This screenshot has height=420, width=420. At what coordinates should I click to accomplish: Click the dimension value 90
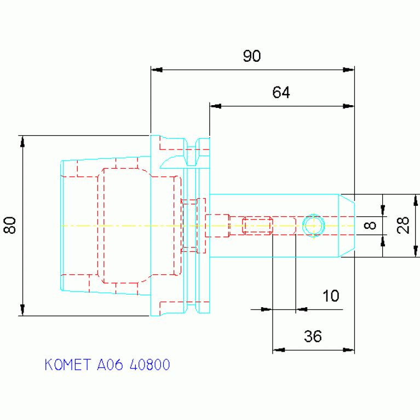coord(252,56)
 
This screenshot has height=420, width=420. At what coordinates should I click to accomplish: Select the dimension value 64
coord(281,93)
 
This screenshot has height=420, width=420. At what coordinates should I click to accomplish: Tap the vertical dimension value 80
coord(10,225)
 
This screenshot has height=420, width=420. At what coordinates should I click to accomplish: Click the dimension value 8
coord(370,225)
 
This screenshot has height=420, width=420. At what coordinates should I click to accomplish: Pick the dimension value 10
coord(331,296)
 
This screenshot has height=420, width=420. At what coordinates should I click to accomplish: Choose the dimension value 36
coord(313,336)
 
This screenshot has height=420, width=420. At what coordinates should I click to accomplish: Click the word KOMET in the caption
coord(68,365)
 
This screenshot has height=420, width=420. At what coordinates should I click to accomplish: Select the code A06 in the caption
coord(110,365)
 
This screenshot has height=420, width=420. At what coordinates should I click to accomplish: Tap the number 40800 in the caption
coord(149,365)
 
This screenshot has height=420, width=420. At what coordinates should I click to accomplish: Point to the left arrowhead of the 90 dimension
coord(157,70)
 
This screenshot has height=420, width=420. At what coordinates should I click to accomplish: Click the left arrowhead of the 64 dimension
coord(215,106)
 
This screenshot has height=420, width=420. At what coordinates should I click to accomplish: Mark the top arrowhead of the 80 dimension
coord(22,141)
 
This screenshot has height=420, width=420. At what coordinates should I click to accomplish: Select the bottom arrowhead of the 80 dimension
coord(22,310)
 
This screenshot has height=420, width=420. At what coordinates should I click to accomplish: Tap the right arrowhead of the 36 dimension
coord(349,350)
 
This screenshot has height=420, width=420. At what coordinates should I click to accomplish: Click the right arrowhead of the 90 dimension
coord(349,70)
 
